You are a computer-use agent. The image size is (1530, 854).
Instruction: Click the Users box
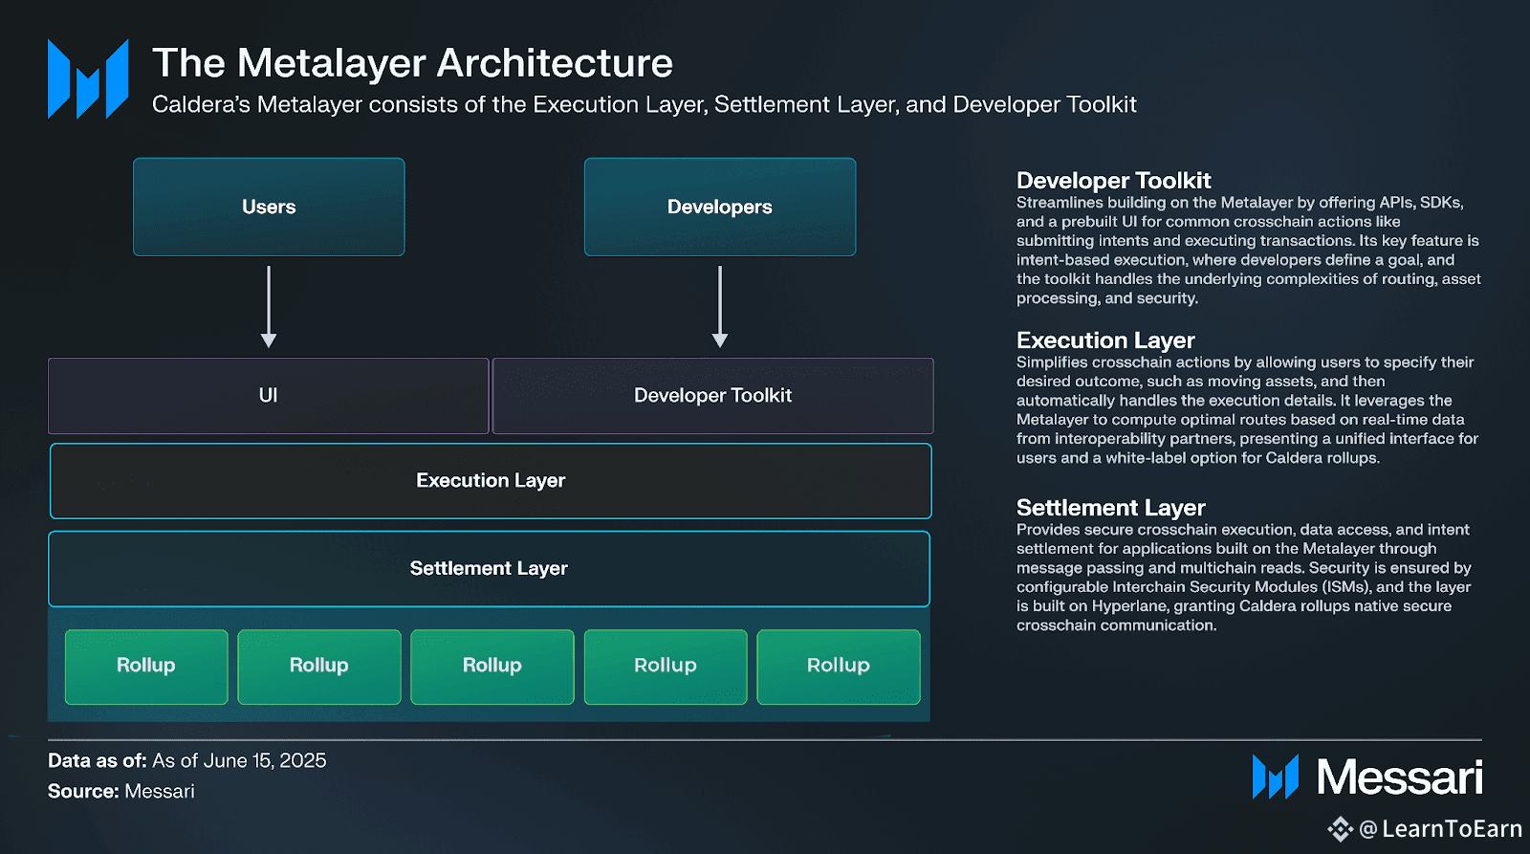coord(269,207)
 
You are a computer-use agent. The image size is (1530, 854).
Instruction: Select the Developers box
coord(720,207)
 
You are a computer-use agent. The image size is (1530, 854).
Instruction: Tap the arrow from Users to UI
coord(269,307)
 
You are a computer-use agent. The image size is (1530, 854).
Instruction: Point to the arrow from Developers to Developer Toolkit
coord(720,307)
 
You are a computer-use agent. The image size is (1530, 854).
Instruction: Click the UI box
coord(269,396)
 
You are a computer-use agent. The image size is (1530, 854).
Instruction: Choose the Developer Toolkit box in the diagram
coord(713,396)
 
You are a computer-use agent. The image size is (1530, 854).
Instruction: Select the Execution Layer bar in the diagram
coord(491,481)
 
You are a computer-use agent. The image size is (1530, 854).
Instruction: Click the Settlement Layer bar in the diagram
coord(489,568)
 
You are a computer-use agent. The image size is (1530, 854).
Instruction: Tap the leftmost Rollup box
coord(146,667)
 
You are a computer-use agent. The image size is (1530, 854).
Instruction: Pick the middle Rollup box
coord(492,667)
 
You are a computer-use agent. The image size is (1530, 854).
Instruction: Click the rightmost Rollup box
coord(839,667)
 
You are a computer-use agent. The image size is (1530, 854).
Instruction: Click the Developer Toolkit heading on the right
coord(1113,181)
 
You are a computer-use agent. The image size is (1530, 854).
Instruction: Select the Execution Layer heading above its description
coord(1105,340)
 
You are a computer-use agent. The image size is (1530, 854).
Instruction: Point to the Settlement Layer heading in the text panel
coord(1110,508)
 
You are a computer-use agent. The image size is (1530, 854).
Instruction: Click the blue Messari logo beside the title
coord(88,79)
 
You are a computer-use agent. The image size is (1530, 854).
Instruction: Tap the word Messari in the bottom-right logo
coord(1400,777)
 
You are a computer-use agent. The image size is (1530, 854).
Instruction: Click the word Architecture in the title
coord(555,63)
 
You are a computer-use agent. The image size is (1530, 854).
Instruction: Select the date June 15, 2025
coord(265,760)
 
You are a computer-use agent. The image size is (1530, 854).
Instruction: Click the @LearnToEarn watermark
coord(1425,829)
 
